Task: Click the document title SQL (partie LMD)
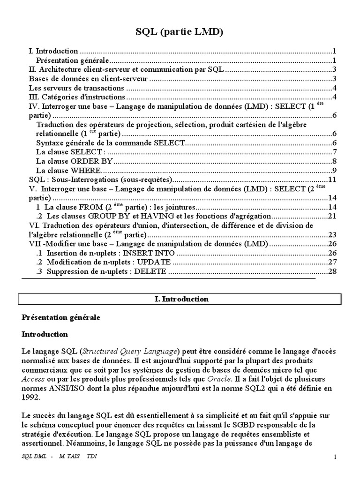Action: (x=180, y=32)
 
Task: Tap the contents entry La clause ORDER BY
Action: (x=75, y=161)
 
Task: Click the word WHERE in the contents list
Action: (x=85, y=170)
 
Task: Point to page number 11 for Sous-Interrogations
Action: (x=333, y=179)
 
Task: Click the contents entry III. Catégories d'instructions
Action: (x=77, y=97)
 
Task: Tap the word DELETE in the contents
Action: (x=150, y=271)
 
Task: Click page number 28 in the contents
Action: (x=333, y=271)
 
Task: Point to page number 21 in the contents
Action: (x=333, y=216)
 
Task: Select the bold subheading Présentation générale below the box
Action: (x=61, y=317)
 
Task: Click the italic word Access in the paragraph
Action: (x=33, y=379)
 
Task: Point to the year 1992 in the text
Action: (x=30, y=397)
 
